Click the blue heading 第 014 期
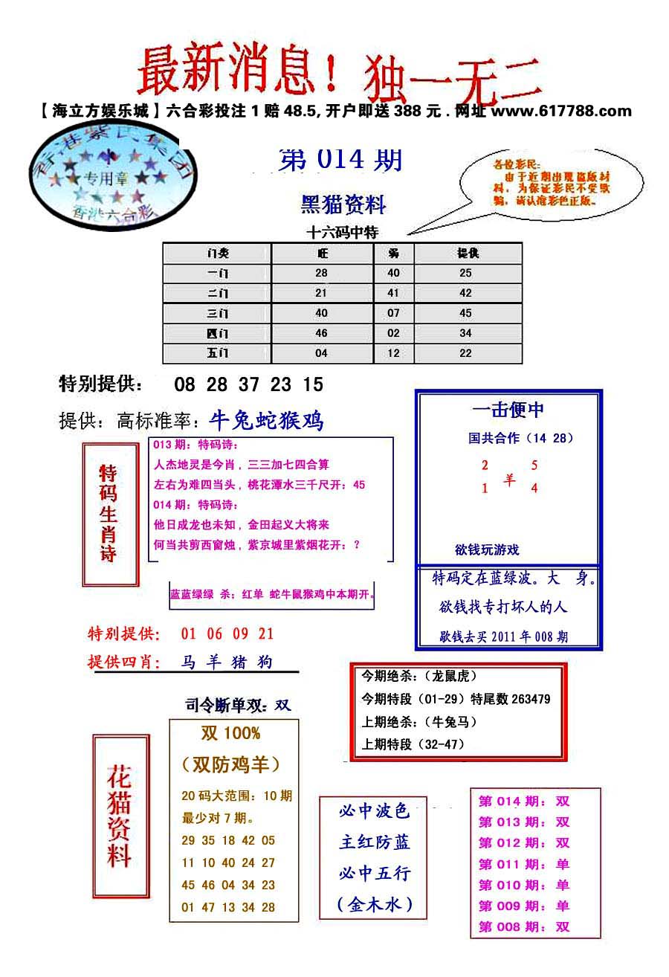(341, 160)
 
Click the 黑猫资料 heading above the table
(343, 204)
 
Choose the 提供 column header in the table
(467, 253)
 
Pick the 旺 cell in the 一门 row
(321, 273)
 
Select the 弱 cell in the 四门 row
(393, 333)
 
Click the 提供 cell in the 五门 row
(466, 353)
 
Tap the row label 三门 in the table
(218, 313)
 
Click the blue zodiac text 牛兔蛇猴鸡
(267, 422)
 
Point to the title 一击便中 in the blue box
(508, 410)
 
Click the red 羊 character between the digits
(509, 480)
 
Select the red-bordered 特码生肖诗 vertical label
(109, 513)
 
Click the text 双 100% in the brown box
(231, 733)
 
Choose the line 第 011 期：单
(524, 864)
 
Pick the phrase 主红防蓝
(375, 842)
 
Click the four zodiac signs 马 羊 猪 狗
(227, 662)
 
